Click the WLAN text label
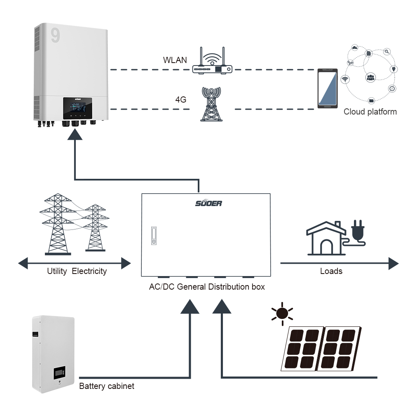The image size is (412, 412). point(175,60)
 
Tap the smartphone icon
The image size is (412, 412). point(327,89)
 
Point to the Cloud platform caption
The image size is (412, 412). point(370,112)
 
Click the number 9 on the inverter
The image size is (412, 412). point(55,35)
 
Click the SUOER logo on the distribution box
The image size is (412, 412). point(208,203)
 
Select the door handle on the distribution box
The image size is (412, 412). point(153,236)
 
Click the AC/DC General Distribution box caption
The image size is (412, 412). point(207,287)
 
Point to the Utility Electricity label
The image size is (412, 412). point(77,271)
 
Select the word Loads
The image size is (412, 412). point(331,271)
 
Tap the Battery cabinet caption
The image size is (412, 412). point(107,386)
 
